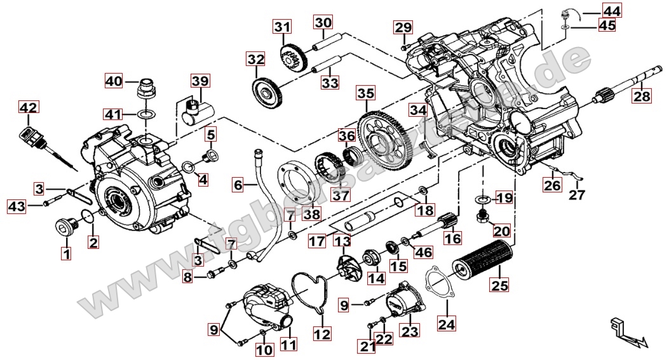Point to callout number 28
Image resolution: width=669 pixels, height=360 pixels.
642,96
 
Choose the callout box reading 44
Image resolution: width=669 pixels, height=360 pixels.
612,11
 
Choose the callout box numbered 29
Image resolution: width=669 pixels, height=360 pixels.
403,27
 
